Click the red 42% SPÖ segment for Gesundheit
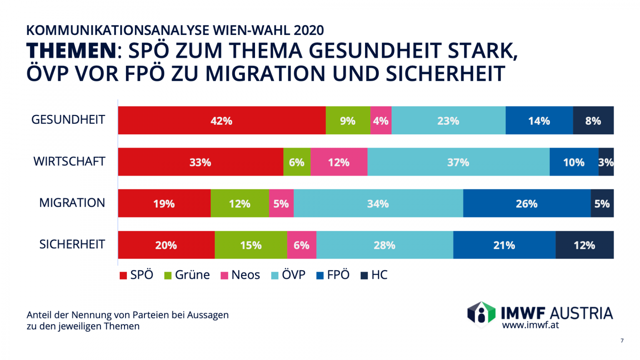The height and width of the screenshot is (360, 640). tap(222, 120)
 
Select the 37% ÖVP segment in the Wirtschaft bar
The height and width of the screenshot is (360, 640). tap(458, 162)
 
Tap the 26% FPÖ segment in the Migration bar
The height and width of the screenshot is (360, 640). tap(527, 203)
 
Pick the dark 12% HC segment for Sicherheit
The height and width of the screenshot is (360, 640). tap(584, 245)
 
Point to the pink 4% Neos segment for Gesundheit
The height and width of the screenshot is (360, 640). tap(381, 120)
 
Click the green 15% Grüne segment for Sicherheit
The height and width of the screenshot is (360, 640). tap(251, 245)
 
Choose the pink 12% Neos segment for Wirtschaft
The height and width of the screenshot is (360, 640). tap(339, 162)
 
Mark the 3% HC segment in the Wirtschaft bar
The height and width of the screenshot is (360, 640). tap(606, 162)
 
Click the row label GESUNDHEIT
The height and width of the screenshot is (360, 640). tap(68, 120)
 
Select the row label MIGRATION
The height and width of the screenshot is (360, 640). tap(72, 203)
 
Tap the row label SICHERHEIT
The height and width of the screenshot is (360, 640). tap(72, 244)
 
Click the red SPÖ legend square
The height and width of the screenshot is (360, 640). tap(123, 276)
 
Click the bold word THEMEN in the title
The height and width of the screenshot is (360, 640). tap(71, 51)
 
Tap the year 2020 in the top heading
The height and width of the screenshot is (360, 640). tap(309, 30)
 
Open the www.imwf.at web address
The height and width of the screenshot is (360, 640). tap(530, 325)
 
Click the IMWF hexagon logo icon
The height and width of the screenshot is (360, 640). tap(481, 314)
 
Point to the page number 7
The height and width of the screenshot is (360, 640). tap(622, 341)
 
